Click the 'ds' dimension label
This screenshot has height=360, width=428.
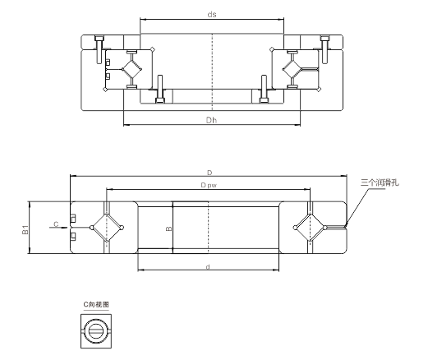pyautogui.click(x=212, y=14)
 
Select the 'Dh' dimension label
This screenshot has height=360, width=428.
pyautogui.click(x=212, y=119)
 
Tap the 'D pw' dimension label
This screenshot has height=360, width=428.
pyautogui.click(x=208, y=186)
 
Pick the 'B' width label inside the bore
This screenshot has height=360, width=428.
pyautogui.click(x=168, y=229)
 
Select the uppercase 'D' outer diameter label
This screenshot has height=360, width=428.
pyautogui.click(x=209, y=173)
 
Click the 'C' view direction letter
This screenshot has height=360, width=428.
pyautogui.click(x=55, y=224)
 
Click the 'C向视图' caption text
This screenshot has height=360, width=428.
pyautogui.click(x=94, y=304)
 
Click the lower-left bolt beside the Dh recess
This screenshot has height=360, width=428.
pyautogui.click(x=159, y=89)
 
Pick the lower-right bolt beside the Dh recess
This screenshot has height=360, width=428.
pyautogui.click(x=264, y=89)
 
